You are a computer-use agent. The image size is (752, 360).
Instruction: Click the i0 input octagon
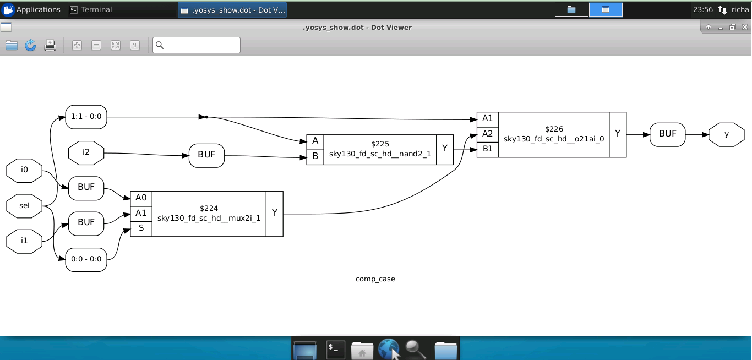(x=24, y=170)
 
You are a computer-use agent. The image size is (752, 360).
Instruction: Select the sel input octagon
(x=24, y=205)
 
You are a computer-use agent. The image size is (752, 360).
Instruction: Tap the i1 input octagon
(x=24, y=241)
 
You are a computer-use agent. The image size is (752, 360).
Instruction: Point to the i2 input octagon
(x=86, y=152)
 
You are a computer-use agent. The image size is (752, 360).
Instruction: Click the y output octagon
(x=726, y=134)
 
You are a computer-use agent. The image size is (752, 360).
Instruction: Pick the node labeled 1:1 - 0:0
(x=86, y=117)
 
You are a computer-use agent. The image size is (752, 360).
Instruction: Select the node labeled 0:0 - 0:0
(x=86, y=259)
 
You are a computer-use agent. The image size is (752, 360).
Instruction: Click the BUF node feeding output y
(x=667, y=134)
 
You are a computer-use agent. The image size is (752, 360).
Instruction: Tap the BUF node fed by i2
(x=206, y=155)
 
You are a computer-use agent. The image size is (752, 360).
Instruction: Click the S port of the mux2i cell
(x=141, y=228)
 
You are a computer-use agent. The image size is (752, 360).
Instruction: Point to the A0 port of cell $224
(x=141, y=198)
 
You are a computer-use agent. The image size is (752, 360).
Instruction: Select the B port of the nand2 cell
(x=315, y=156)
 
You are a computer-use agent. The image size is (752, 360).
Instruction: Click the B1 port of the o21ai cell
(x=487, y=149)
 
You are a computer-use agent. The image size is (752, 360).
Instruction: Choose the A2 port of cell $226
(x=487, y=134)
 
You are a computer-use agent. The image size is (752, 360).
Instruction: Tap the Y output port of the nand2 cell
(x=445, y=149)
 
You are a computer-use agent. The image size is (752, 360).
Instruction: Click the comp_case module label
(x=375, y=279)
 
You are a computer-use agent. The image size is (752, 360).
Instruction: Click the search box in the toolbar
(x=197, y=45)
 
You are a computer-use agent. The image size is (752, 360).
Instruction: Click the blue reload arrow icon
(x=30, y=45)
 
